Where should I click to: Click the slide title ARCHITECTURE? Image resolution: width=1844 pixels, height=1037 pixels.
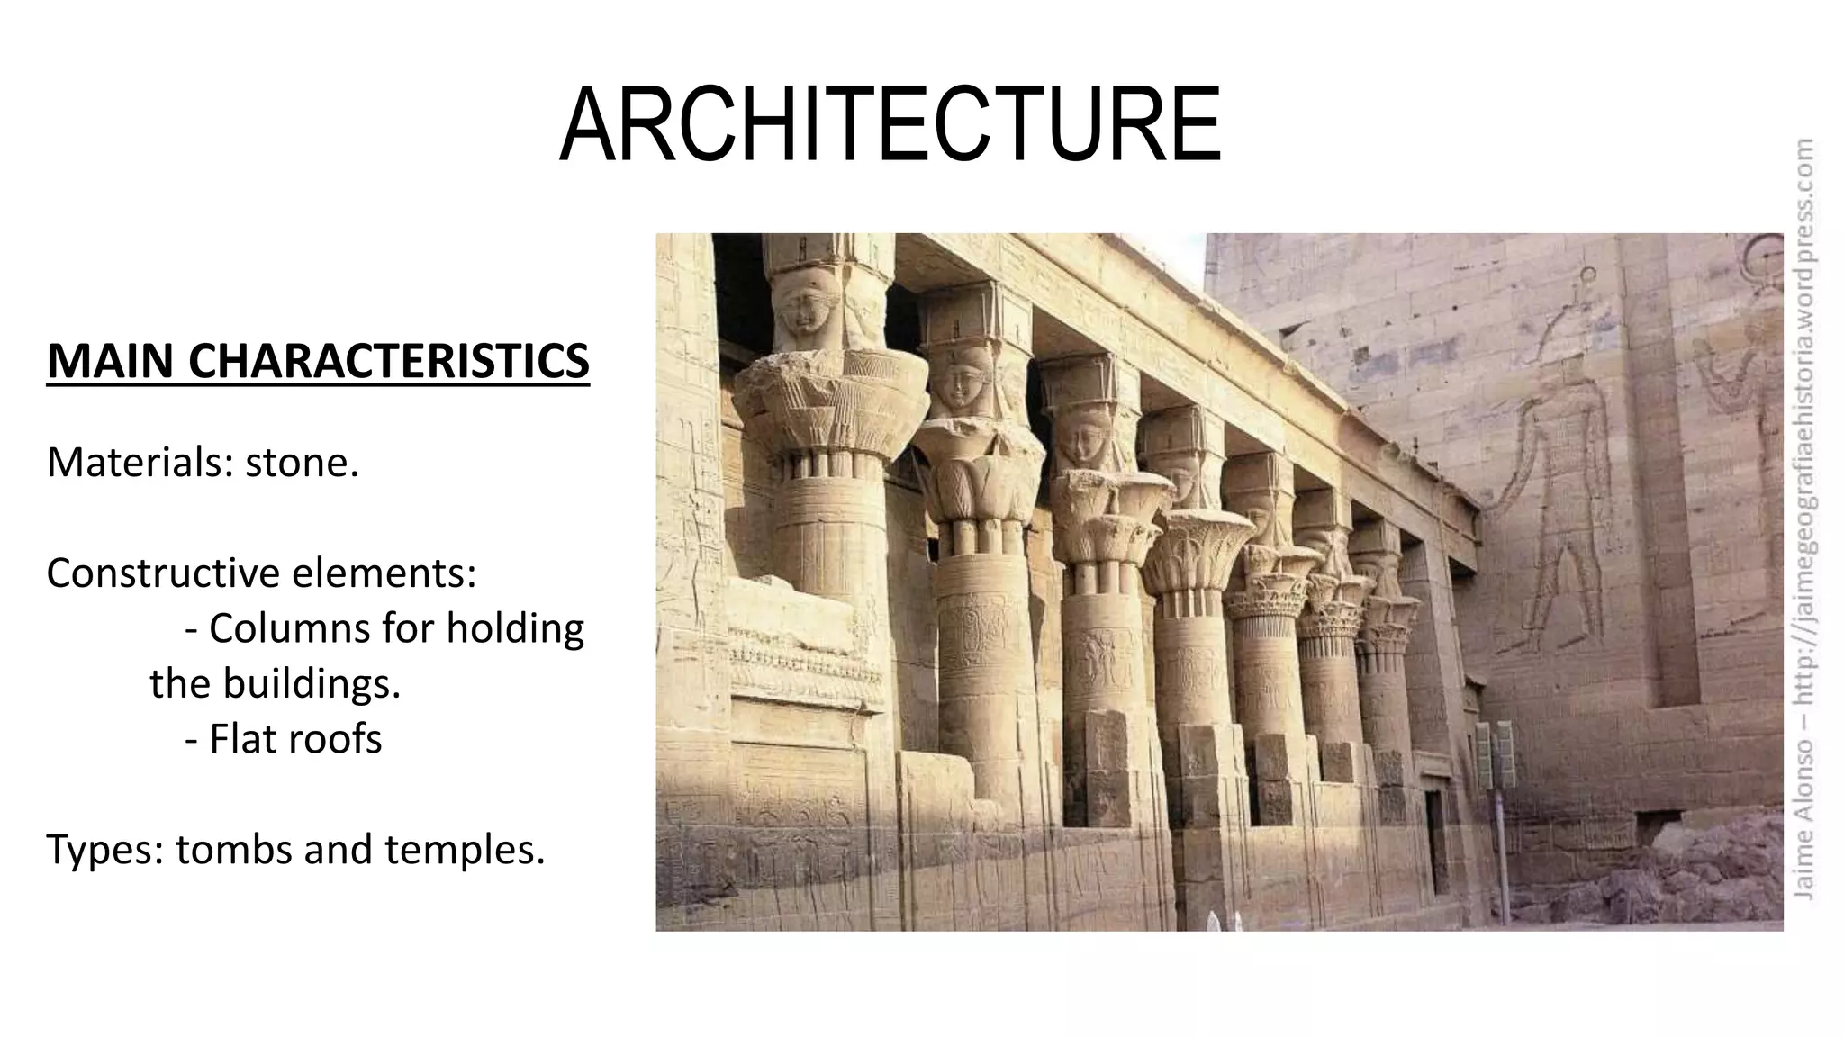[x=890, y=125]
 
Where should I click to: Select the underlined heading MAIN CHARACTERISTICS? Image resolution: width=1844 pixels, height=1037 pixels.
[x=318, y=361]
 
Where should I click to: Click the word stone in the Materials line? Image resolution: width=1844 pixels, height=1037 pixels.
[x=302, y=463]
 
